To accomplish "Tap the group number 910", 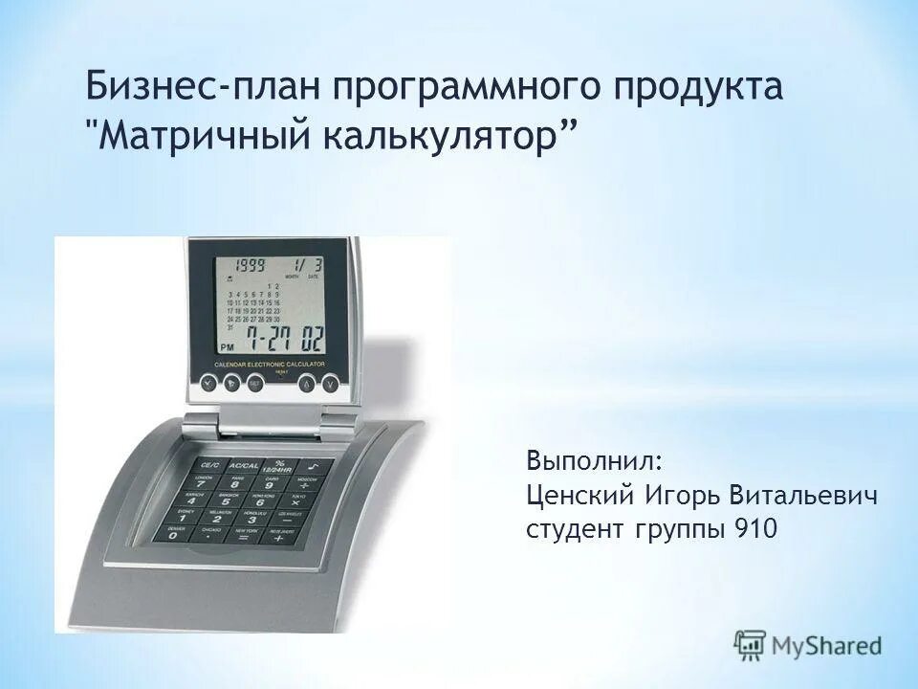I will click(754, 530).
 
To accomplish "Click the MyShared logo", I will click(808, 645).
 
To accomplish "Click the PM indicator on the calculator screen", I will click(228, 347).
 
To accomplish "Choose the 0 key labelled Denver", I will click(175, 535).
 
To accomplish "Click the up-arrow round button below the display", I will click(305, 384).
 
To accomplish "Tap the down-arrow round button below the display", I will click(330, 384).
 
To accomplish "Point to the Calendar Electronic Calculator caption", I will click(271, 366).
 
